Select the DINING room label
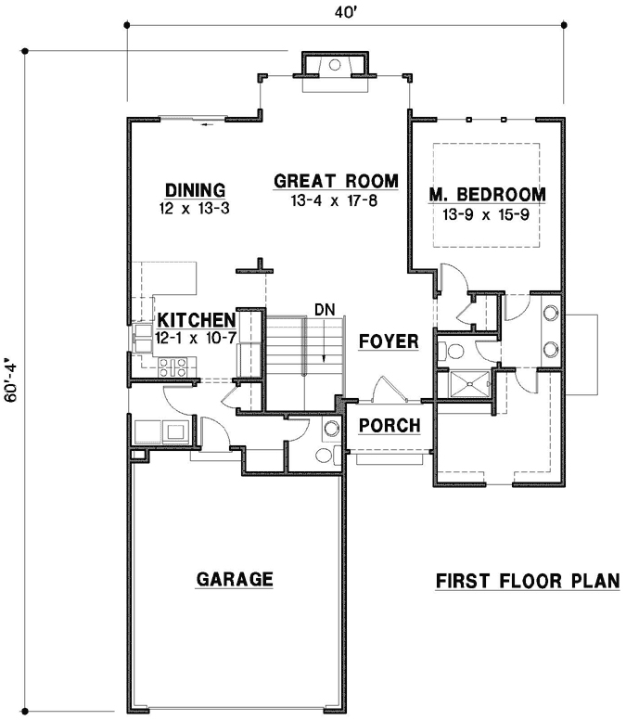pyautogui.click(x=196, y=191)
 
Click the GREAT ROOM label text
pyautogui.click(x=336, y=181)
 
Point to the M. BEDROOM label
pyautogui.click(x=487, y=195)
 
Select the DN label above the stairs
pyautogui.click(x=323, y=308)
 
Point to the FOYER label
pyautogui.click(x=389, y=341)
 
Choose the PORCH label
pyautogui.click(x=390, y=426)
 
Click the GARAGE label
pyautogui.click(x=235, y=580)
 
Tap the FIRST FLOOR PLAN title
pyautogui.click(x=527, y=582)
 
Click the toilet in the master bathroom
pyautogui.click(x=453, y=350)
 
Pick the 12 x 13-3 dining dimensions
pyautogui.click(x=195, y=210)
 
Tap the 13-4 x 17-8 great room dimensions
pyautogui.click(x=335, y=200)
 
